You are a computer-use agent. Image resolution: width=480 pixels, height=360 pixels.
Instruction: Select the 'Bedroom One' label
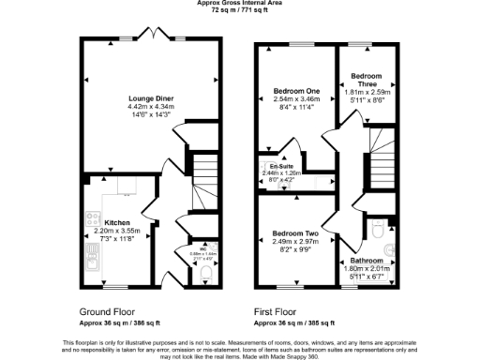[296, 91]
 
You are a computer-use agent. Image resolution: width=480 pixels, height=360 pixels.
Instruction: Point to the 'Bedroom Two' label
[295, 232]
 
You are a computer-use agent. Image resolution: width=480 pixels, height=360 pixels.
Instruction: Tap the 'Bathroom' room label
[367, 260]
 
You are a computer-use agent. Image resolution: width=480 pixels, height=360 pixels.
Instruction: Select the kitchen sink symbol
[93, 263]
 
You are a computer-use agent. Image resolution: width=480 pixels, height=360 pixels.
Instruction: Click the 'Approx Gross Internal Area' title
[240, 4]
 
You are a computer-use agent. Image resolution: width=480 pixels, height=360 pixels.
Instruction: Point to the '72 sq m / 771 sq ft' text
[240, 11]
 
